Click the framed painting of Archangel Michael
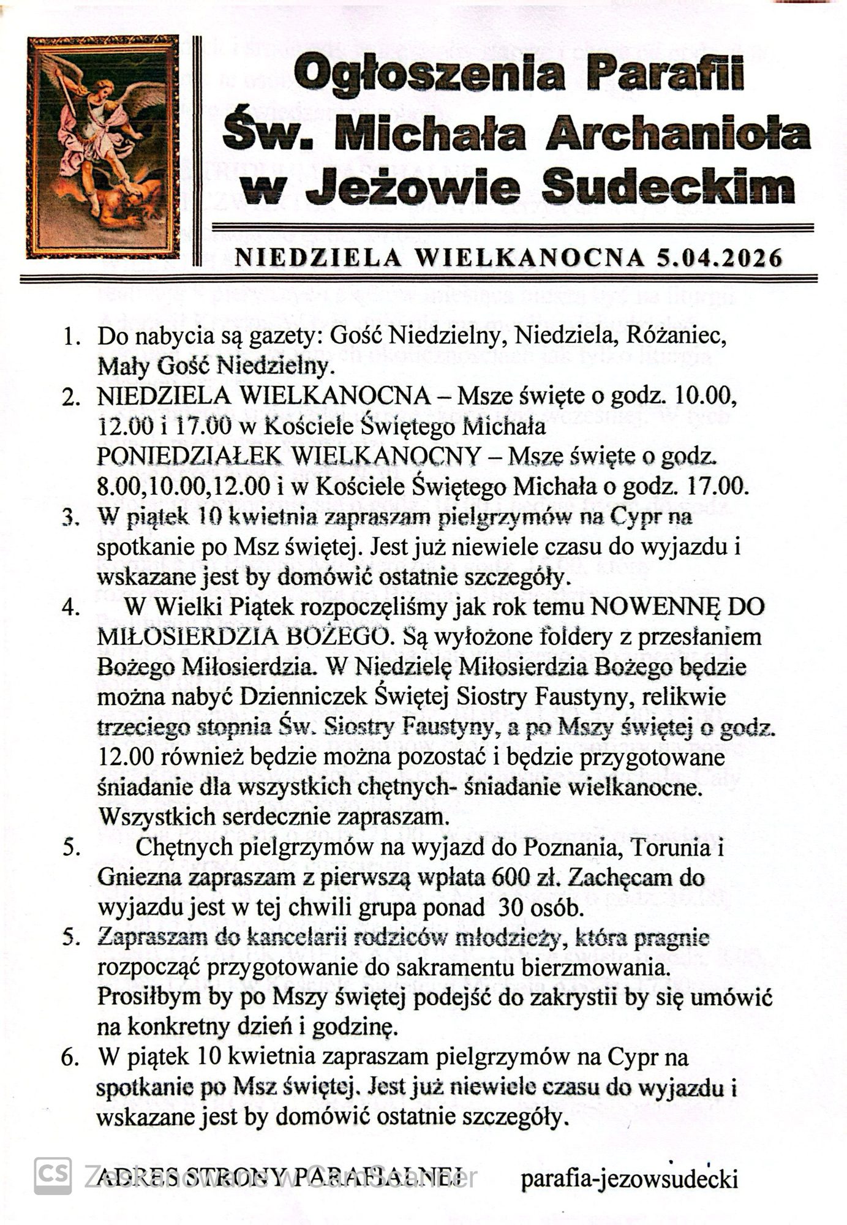pos(102,146)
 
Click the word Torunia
pos(671,848)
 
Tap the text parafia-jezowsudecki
pos(630,1178)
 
